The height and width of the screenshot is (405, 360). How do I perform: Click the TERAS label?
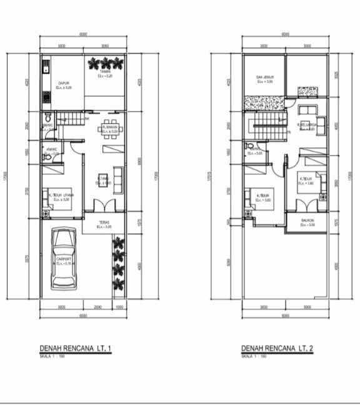point(104,224)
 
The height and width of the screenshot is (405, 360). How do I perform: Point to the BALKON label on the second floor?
point(307,222)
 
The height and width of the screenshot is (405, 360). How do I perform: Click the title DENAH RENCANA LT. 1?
point(76,349)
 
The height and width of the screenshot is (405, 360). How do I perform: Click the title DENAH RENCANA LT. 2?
point(277,349)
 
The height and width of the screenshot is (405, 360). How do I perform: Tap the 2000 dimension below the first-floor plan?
point(97,307)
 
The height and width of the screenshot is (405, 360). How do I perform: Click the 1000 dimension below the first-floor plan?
point(119,307)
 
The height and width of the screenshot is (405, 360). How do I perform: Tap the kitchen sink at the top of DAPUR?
point(45,66)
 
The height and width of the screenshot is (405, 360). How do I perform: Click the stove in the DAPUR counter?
point(45,97)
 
